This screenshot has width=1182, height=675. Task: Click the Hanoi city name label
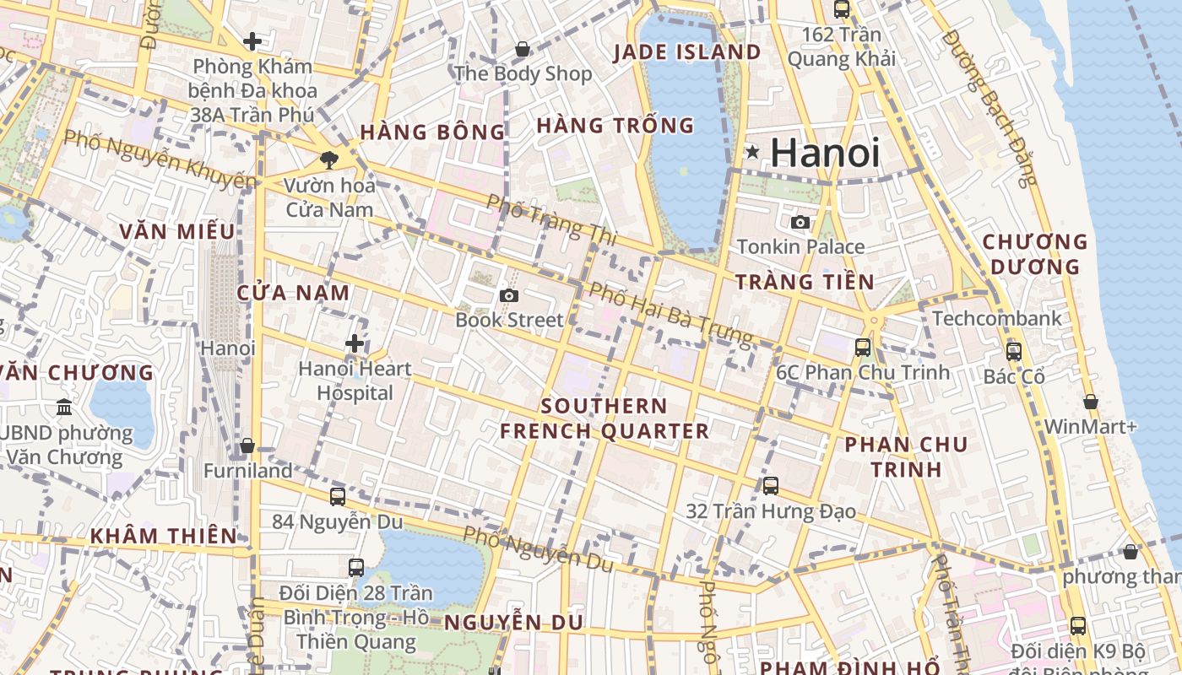[825, 153]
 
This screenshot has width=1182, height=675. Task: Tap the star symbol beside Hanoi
[751, 153]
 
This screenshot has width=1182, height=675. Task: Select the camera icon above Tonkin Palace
[800, 223]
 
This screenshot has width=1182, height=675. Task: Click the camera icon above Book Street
[508, 295]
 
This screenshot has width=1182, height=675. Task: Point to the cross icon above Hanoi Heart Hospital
[355, 343]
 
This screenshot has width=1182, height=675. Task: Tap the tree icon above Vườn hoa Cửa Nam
[329, 159]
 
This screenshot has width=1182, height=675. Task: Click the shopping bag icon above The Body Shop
[523, 49]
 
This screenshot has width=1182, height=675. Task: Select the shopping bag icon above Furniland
[247, 445]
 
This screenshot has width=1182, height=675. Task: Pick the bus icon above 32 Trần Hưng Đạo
[770, 486]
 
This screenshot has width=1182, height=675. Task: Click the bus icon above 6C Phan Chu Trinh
[862, 347]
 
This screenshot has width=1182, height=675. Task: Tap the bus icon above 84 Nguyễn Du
[337, 496]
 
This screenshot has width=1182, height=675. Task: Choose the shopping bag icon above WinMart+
[1090, 402]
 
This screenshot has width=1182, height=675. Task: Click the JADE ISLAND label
[687, 52]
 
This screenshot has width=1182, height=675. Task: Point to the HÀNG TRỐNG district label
[615, 126]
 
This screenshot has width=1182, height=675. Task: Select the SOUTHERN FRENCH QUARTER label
[605, 418]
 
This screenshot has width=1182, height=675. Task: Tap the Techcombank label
[997, 319]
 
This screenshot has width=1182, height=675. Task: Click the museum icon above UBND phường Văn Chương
[64, 408]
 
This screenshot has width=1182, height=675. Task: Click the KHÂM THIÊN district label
[164, 536]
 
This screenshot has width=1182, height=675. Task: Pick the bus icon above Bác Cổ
[1014, 351]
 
